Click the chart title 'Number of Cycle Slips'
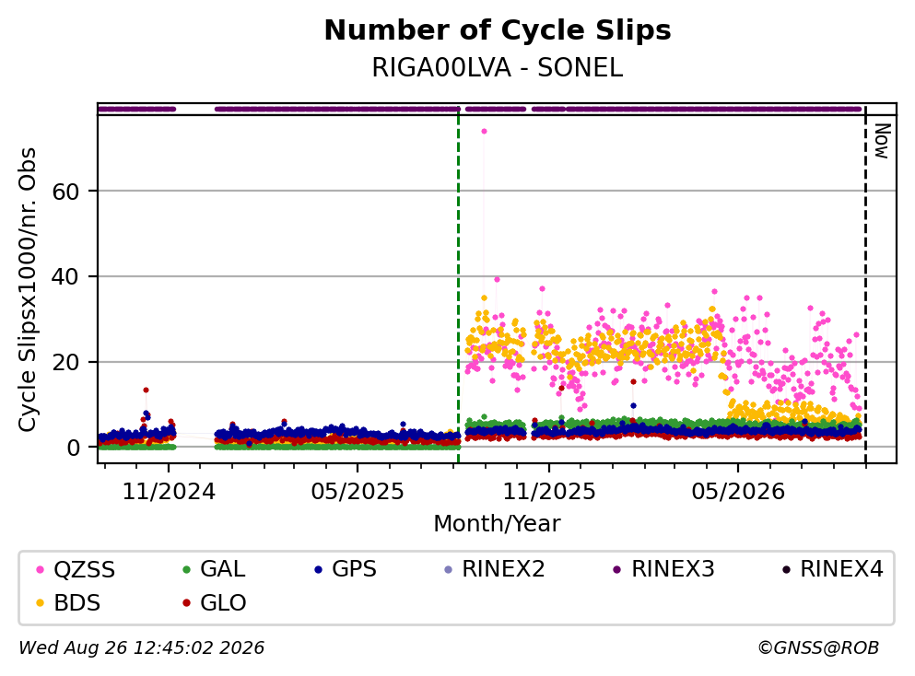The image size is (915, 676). pos(498,30)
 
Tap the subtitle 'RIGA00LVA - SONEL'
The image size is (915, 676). pos(498,67)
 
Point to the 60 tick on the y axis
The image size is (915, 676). pos(65,192)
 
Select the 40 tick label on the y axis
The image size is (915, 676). pos(65,276)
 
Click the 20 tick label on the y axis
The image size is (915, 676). pos(65,362)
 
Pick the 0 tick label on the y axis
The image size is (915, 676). pos(73,448)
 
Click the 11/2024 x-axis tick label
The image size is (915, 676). pos(169,492)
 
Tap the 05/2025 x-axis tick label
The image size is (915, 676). pos(358,492)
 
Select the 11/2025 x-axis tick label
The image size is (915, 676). pos(549,492)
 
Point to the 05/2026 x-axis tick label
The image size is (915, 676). pos(738,492)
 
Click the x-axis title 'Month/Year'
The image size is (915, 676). pos(498,523)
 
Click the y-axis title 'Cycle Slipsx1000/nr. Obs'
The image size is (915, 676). pos(27,290)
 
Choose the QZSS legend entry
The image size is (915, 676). pos(76,569)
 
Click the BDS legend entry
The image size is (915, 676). pos(68,602)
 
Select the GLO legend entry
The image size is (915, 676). pos(215,602)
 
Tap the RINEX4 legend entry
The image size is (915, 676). pos(833,569)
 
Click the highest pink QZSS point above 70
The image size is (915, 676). pos(484,131)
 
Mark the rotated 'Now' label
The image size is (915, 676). pos(882,141)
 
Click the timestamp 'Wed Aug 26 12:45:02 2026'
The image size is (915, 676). pos(142,647)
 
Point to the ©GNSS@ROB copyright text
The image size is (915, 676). pos(818,647)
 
